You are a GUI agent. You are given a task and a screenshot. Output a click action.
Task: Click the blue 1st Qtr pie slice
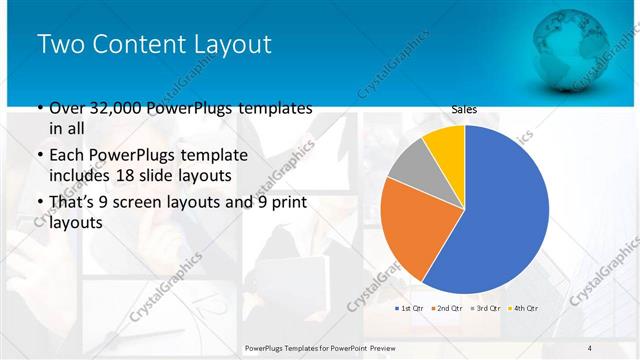(x=500, y=210)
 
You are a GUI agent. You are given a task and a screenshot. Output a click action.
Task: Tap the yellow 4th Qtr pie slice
(x=446, y=145)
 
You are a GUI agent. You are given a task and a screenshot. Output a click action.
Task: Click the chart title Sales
(x=464, y=109)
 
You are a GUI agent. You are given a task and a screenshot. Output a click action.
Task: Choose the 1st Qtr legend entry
(x=411, y=307)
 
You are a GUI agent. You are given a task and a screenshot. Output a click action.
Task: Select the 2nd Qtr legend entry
(x=449, y=307)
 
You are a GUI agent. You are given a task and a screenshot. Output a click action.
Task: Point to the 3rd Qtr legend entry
(x=487, y=307)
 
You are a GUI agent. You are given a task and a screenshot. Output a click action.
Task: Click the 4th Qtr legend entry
(x=525, y=307)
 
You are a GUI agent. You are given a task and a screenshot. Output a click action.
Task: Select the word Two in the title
(x=62, y=45)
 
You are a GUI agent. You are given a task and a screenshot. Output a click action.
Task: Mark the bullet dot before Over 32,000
(x=39, y=108)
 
